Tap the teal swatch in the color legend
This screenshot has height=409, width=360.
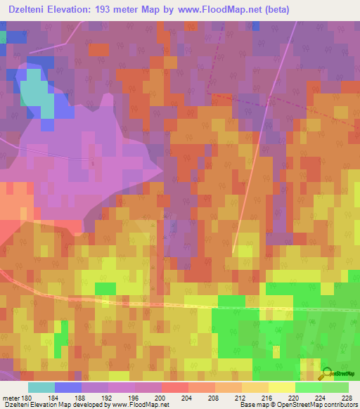[x=41, y=387]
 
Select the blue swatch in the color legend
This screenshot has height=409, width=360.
[x=67, y=387]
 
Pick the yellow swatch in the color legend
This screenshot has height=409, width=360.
[x=281, y=387]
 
